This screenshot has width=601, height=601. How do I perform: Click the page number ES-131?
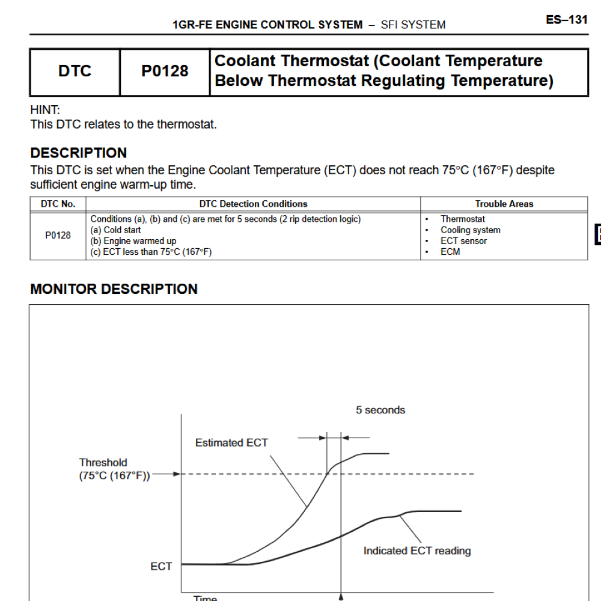[x=566, y=20]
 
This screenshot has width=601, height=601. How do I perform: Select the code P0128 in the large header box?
[x=165, y=72]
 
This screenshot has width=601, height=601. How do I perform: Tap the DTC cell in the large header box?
[x=75, y=72]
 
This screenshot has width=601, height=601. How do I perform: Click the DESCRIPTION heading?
[x=79, y=153]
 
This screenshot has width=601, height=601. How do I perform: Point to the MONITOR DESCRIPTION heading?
[x=114, y=289]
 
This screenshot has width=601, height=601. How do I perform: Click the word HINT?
[x=44, y=111]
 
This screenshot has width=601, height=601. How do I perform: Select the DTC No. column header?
[x=58, y=204]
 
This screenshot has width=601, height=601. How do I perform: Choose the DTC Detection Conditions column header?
[x=253, y=204]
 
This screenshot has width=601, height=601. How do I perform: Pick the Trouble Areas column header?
[x=504, y=204]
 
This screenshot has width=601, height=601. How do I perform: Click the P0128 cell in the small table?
[x=58, y=236]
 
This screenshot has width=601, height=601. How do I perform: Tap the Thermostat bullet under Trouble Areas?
[x=462, y=219]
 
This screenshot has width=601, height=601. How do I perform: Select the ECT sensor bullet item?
[x=463, y=241]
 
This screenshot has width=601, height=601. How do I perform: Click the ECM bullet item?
[x=450, y=252]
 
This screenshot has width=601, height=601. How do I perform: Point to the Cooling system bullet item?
[x=470, y=230]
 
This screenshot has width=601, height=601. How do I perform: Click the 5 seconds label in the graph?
[x=380, y=410]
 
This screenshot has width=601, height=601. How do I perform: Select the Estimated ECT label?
[x=231, y=443]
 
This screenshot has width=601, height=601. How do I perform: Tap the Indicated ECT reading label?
[x=417, y=551]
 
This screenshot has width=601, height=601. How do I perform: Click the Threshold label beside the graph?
[x=103, y=463]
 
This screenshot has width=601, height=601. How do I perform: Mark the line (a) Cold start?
[x=116, y=230]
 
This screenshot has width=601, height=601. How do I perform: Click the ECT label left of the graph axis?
[x=161, y=566]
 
